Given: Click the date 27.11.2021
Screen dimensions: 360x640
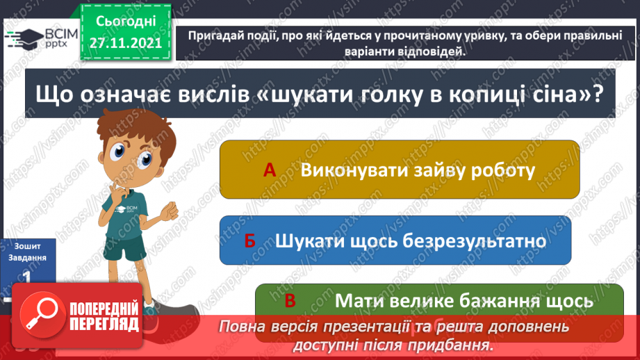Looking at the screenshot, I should pyautogui.click(x=126, y=42).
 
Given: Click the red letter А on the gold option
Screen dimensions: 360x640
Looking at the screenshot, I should pyautogui.click(x=271, y=170).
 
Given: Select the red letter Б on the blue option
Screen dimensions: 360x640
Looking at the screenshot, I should pyautogui.click(x=250, y=240).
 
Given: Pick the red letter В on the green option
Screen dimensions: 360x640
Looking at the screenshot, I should pyautogui.click(x=290, y=301).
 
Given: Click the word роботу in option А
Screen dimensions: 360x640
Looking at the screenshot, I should pyautogui.click(x=494, y=170).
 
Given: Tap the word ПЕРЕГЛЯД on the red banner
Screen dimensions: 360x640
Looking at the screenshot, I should pyautogui.click(x=104, y=325).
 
